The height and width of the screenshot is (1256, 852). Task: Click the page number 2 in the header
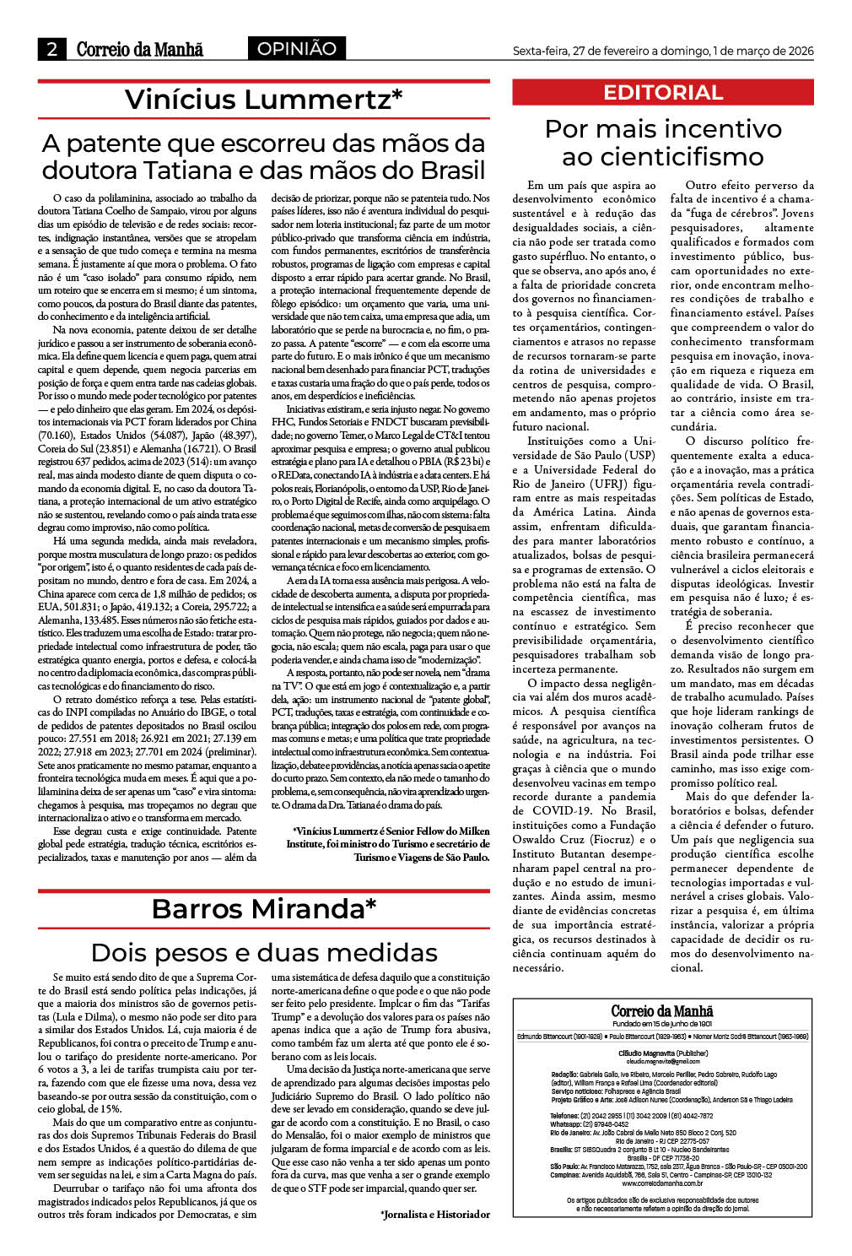(51, 50)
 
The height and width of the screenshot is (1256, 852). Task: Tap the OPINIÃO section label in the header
(296, 49)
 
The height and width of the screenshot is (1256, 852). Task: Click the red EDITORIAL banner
(663, 93)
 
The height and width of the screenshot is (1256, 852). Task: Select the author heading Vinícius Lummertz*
(263, 100)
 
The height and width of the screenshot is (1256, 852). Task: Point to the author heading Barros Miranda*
(263, 909)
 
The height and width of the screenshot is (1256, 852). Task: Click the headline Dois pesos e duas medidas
(263, 952)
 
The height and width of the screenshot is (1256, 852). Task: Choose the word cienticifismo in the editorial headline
(663, 157)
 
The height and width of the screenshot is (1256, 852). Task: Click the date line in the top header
(663, 51)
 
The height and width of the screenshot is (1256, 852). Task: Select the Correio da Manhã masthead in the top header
(140, 50)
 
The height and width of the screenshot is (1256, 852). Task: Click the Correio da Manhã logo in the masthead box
(662, 1010)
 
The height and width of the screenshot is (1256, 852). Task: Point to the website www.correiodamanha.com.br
(662, 1183)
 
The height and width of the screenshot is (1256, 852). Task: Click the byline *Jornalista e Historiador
(434, 1215)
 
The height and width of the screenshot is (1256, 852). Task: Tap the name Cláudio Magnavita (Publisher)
(663, 1053)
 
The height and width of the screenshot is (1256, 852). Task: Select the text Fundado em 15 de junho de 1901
(662, 1023)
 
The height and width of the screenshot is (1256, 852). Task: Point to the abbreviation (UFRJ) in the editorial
(603, 485)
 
